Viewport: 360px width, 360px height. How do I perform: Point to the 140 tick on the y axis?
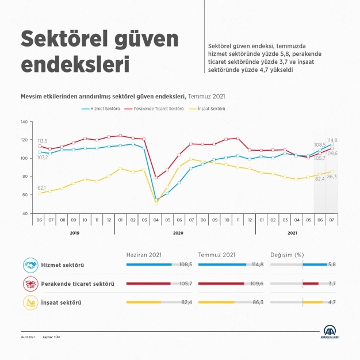point(24,122)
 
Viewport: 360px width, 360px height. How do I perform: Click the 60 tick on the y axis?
point(25,195)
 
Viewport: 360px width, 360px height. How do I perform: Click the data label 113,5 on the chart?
point(42,140)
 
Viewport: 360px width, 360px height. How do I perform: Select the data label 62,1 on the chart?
point(42,187)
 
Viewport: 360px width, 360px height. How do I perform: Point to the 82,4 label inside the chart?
point(319,179)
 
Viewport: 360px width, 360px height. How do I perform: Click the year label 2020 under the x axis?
point(178,232)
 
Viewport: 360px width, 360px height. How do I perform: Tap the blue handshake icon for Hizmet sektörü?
point(30,265)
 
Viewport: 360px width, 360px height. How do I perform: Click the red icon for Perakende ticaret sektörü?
point(30,284)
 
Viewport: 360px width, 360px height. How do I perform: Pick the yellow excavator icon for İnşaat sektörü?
point(30,302)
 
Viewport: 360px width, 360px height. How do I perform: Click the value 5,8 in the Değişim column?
point(332,265)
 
